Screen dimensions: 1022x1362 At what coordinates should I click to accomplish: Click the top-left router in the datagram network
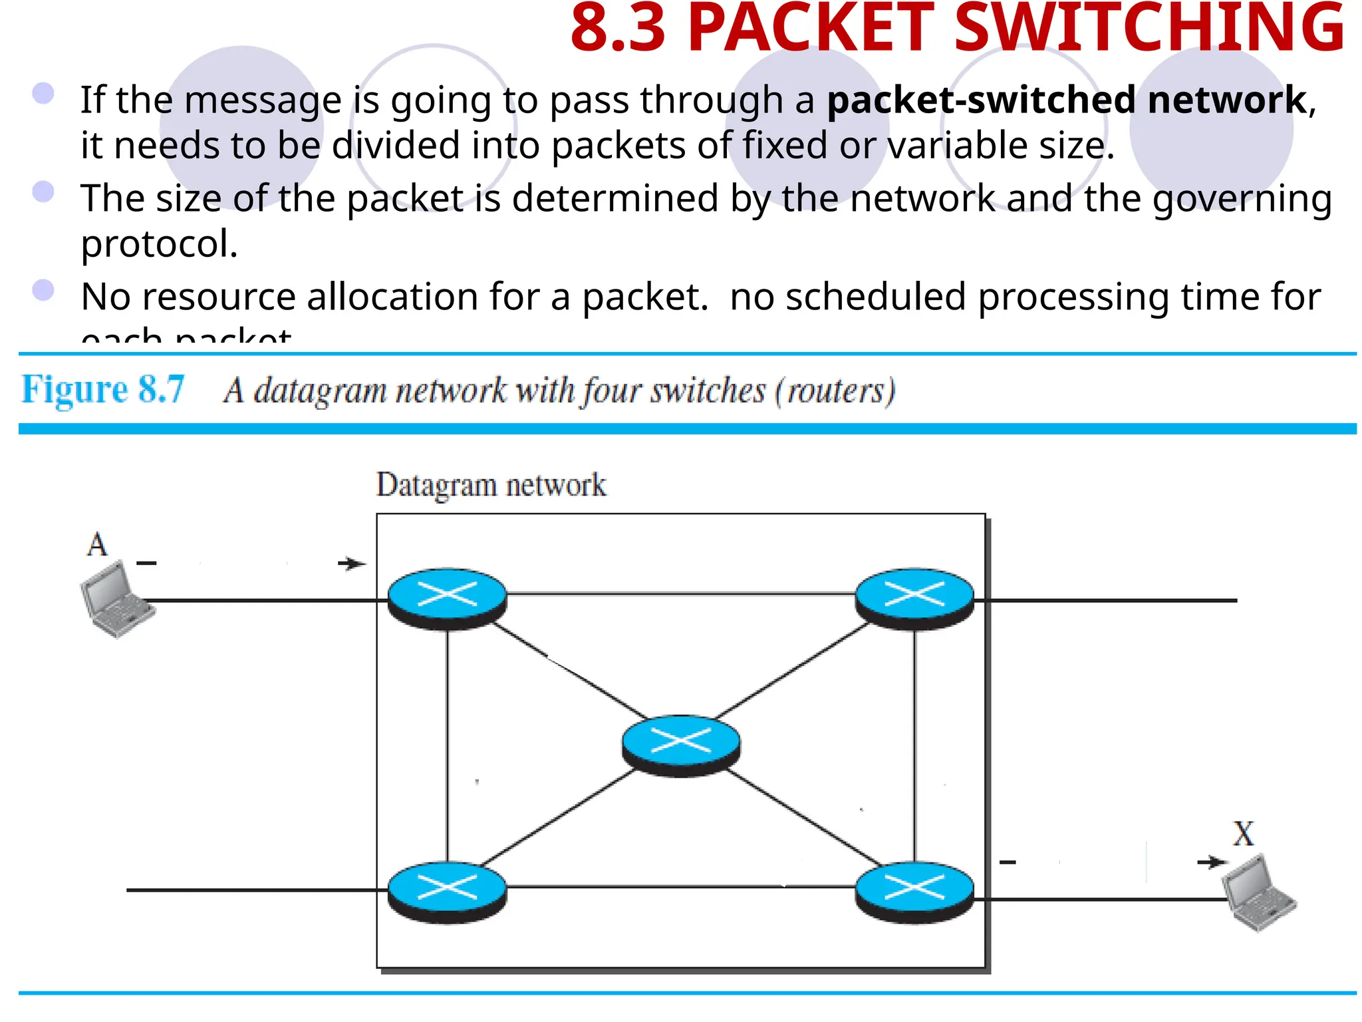click(447, 597)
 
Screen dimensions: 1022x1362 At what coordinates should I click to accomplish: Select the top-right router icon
click(914, 597)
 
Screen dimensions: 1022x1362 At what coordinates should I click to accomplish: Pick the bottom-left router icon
click(447, 891)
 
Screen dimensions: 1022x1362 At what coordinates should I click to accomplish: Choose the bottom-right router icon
click(914, 891)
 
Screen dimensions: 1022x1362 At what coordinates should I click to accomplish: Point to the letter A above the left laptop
click(97, 544)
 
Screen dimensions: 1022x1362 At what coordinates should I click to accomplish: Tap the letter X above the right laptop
click(1243, 833)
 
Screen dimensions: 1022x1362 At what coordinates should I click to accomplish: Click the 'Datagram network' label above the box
click(491, 485)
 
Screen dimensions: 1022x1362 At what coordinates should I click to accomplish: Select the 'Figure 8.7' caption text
click(103, 389)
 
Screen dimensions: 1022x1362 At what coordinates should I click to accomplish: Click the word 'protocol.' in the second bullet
click(159, 244)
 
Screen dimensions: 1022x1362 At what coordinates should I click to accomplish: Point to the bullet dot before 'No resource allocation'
click(43, 290)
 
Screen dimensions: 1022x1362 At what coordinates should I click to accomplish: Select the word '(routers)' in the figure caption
click(835, 391)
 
